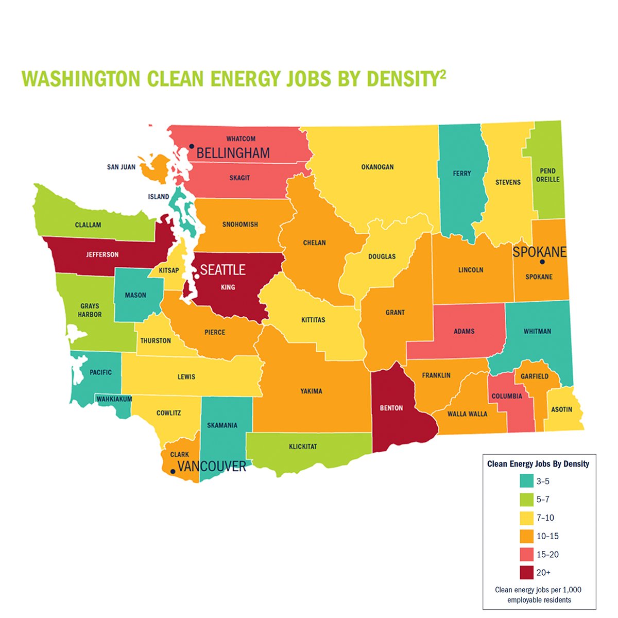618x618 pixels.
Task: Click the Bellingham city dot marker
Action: point(191,146)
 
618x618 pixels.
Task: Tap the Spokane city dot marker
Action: point(542,262)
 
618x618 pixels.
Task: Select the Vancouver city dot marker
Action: point(173,471)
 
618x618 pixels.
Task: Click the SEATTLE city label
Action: point(222,270)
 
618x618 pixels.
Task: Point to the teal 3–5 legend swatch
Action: point(526,481)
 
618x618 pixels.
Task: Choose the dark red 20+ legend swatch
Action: point(526,572)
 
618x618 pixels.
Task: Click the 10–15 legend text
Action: point(547,536)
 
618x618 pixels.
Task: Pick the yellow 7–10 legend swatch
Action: point(526,518)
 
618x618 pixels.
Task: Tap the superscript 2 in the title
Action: point(443,74)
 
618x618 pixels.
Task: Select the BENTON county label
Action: point(391,408)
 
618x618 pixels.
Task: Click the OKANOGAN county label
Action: point(377,167)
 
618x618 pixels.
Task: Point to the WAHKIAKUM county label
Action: point(114,399)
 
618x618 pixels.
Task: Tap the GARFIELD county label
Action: point(535,376)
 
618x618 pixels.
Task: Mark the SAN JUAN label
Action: point(121,167)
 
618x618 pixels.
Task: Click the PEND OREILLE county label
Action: point(547,175)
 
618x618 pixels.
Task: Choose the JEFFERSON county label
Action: point(102,254)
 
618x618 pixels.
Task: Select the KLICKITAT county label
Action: point(303,447)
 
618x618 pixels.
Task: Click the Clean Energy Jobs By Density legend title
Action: point(538,463)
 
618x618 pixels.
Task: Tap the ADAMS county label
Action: point(464,331)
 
